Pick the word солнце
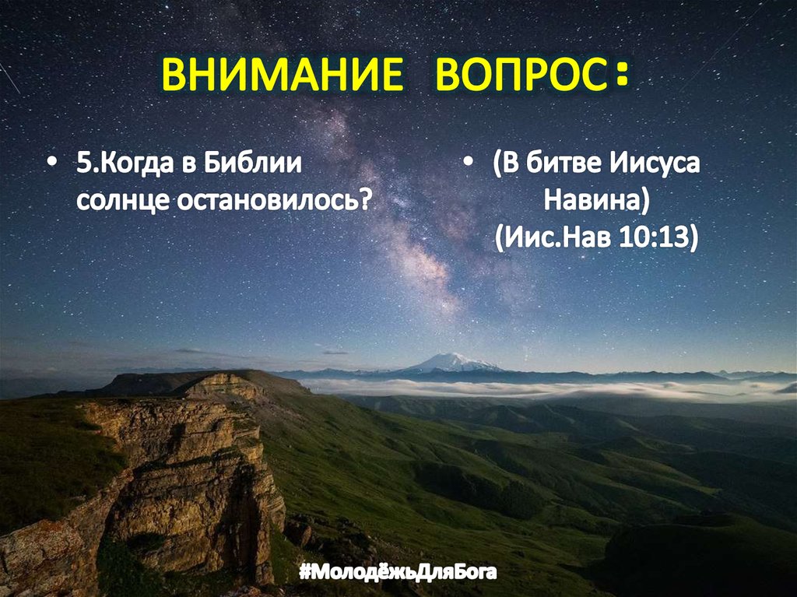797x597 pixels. click(122, 200)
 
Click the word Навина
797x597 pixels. click(592, 200)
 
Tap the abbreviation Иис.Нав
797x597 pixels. click(557, 236)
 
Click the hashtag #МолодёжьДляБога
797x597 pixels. click(398, 574)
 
